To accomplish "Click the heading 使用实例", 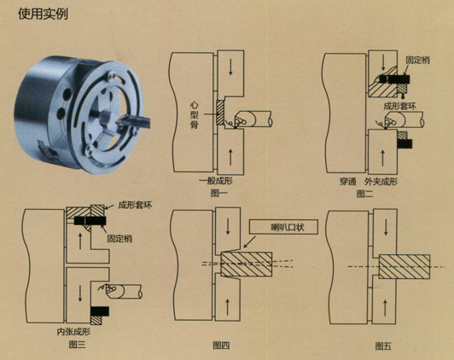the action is point(44,14).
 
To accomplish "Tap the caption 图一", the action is point(218,194).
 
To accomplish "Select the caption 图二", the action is point(364,194).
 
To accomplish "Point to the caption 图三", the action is point(77,345).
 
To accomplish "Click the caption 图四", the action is point(221,345).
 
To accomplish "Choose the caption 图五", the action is point(383,345).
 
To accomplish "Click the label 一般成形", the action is point(216,181).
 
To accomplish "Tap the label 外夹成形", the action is point(381,182).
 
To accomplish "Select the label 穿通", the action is point(347,182).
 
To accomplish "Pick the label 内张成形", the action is point(73,332).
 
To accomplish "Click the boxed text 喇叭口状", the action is point(288,227).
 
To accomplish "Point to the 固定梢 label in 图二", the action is point(417,61).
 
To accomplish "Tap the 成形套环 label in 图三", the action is point(135,206).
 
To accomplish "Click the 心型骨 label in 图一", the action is point(195,115).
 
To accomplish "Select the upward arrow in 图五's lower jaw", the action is point(386,308).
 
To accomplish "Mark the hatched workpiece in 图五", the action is point(405,267).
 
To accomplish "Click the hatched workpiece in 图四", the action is point(246,264).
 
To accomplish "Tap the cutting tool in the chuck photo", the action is point(134,121).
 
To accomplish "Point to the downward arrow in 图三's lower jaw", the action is point(80,293).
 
